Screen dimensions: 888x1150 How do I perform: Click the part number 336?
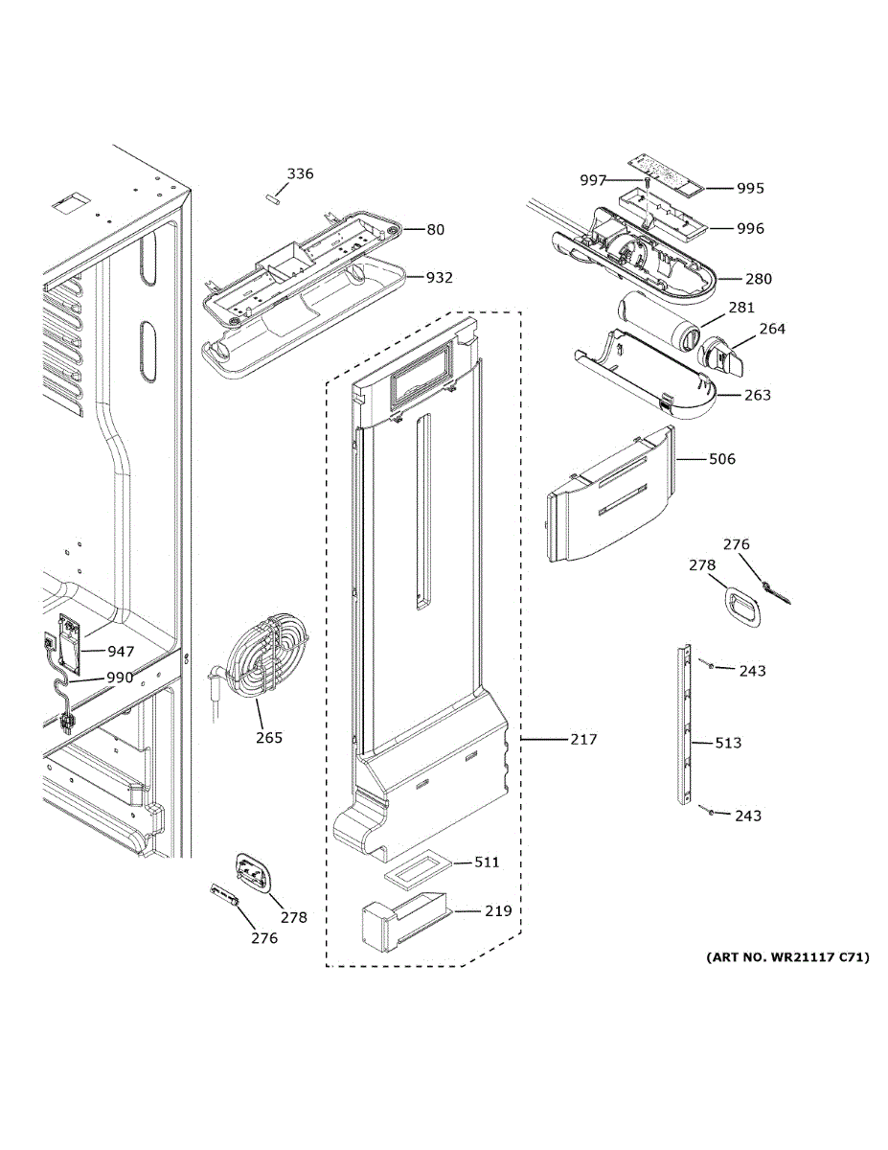tap(301, 173)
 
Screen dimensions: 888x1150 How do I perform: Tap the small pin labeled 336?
tap(272, 199)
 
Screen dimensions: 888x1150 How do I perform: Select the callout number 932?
tap(440, 277)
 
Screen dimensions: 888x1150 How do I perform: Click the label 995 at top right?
tap(750, 189)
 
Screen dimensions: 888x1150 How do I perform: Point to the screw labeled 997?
tap(647, 183)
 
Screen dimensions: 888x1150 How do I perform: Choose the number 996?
tap(750, 229)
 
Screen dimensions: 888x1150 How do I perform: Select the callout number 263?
tap(758, 395)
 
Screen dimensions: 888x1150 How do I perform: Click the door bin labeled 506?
tap(611, 494)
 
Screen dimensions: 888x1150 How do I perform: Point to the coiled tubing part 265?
tap(262, 657)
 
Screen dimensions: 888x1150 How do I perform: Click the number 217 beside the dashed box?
tap(584, 739)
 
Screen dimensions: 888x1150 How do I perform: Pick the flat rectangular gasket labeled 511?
tap(419, 873)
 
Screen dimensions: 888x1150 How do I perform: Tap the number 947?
tap(121, 652)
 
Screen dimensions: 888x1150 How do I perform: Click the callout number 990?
tap(120, 678)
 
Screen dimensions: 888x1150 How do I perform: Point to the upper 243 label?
tap(753, 671)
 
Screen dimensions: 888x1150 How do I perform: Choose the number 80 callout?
tap(436, 230)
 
